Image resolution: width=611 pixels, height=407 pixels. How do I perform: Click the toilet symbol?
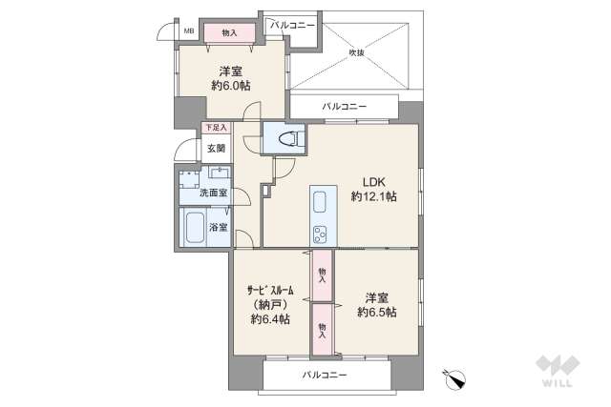coord(290,138)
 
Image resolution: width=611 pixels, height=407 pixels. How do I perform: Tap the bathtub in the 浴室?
coord(195,227)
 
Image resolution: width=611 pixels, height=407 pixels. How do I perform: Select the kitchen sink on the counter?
coord(319,202)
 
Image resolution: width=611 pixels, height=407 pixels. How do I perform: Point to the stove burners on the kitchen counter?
coord(320,234)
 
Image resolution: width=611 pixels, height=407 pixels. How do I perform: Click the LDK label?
coord(373,182)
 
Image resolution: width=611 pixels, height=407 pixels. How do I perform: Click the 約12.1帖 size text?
coord(373,197)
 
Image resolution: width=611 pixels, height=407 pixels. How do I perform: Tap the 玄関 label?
coord(216,149)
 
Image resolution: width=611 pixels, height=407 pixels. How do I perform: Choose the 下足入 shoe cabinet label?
coord(216,127)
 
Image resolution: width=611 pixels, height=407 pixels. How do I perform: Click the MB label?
coord(189,31)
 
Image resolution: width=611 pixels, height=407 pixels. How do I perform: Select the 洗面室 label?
coord(213,193)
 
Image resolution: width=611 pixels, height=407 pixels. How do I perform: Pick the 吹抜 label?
coord(356,52)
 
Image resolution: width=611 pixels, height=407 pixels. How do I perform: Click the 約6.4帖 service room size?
coord(270,319)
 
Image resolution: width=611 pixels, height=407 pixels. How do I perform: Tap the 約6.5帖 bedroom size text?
coord(377,312)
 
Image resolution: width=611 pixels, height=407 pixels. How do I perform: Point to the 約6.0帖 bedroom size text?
coord(231,85)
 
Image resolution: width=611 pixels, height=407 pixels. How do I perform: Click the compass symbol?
coord(455,378)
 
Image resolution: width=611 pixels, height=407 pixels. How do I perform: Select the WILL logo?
coord(558,371)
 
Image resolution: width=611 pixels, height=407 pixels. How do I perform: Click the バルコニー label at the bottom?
coord(325,376)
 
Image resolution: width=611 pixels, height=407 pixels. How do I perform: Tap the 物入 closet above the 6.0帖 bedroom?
coord(229,33)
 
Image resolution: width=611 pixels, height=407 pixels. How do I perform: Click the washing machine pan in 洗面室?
coord(189,179)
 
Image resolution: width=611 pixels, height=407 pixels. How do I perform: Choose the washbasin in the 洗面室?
coord(221,173)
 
